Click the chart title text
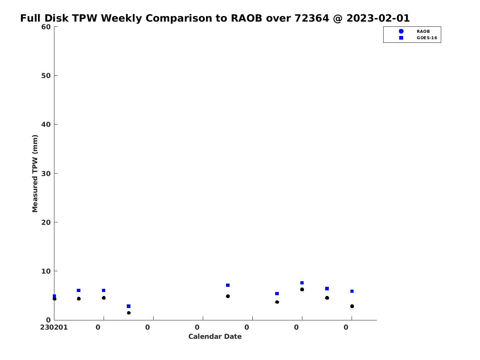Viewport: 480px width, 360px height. coord(215,18)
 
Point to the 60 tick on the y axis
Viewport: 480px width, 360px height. coord(46,27)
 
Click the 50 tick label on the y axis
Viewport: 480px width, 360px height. coord(46,76)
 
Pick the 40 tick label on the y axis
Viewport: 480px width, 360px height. coord(46,124)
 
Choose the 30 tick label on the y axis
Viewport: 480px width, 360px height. coord(46,174)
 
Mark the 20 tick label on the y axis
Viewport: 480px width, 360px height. coord(46,222)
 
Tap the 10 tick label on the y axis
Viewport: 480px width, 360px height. coord(46,271)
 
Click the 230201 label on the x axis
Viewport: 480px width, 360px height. coord(54,328)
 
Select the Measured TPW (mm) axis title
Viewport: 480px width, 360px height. coord(35,174)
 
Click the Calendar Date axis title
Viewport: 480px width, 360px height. coord(215,337)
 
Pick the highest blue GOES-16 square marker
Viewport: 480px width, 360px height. coord(302,283)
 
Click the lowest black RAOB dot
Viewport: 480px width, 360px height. coord(129,313)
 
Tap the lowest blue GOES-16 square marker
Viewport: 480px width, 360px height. coord(128,306)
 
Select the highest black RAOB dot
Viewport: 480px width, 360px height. coord(302,289)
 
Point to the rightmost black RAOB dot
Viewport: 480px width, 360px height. coord(352,306)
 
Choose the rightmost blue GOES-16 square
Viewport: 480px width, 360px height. coord(352,291)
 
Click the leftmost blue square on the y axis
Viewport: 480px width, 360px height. coord(54,296)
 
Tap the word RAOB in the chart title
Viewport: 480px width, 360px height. coord(246,18)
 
